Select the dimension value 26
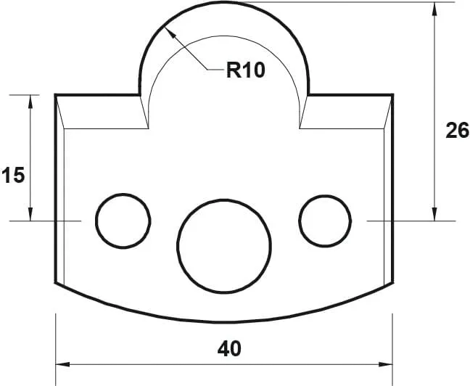[x=457, y=131]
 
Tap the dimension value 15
[x=13, y=175]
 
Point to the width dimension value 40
[x=229, y=348]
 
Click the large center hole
[x=224, y=245]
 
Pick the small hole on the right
[x=325, y=220]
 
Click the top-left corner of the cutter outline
[x=56, y=94]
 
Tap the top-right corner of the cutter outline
[x=392, y=94]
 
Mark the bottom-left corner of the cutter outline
[x=56, y=284]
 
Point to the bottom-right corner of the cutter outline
[x=392, y=284]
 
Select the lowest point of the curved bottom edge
[x=224, y=322]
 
